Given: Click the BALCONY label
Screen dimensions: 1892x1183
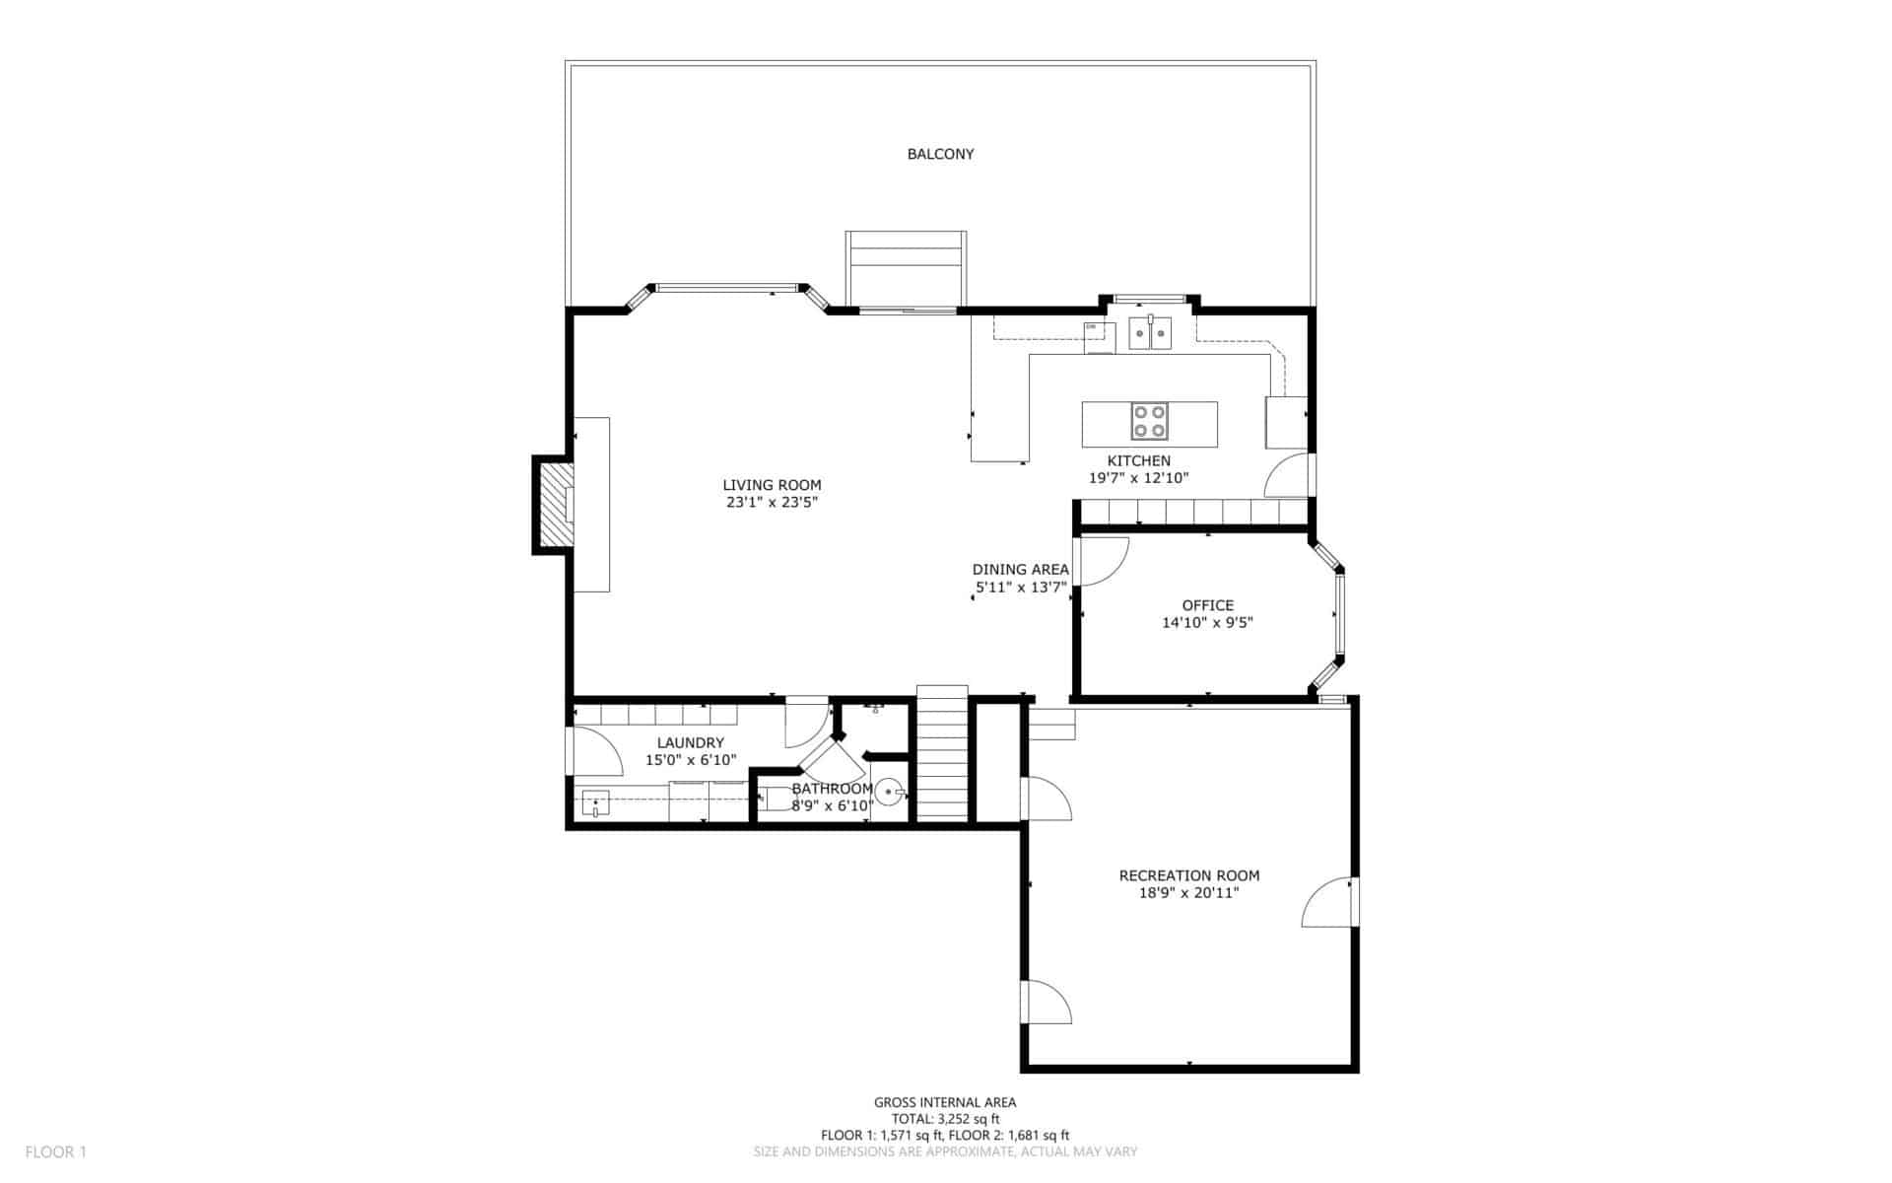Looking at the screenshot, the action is [x=940, y=154].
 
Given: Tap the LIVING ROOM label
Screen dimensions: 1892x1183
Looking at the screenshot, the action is [x=772, y=485].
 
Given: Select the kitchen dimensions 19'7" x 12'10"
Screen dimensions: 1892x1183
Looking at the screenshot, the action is [x=1138, y=478].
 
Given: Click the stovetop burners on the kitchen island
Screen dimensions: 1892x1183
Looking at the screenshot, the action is [x=1149, y=421].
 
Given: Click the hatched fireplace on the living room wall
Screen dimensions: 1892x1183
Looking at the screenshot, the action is [x=555, y=505].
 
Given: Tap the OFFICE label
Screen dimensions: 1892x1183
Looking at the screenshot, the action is [x=1207, y=605].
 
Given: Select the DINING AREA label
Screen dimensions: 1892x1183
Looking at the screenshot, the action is [x=1020, y=570].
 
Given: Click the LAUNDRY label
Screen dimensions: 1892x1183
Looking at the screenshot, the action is [x=691, y=743].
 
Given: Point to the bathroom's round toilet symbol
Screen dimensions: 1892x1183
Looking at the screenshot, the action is [x=890, y=791].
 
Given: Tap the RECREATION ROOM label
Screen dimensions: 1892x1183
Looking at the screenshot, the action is [x=1189, y=875].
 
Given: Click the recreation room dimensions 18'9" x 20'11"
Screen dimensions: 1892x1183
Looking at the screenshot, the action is [x=1189, y=893].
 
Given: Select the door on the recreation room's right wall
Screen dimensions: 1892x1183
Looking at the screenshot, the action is [x=1328, y=902].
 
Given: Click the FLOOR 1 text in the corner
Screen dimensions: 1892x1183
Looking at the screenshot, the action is [x=56, y=1151].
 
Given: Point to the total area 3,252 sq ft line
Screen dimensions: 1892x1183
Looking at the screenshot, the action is [x=945, y=1119].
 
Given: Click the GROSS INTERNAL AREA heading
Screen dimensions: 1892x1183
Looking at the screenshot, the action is [x=945, y=1103].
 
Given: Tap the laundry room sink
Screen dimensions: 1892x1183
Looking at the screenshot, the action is [x=595, y=803].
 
